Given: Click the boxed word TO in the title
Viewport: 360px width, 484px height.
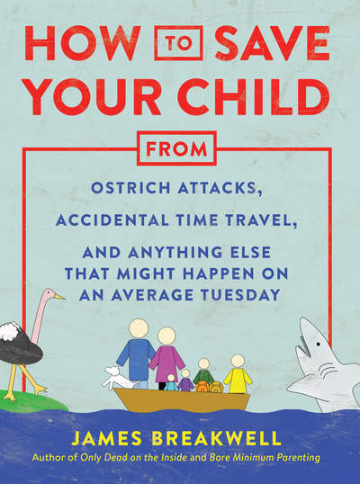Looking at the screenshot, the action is pyautogui.click(x=178, y=43).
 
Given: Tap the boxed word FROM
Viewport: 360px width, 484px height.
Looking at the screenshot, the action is pyautogui.click(x=176, y=148).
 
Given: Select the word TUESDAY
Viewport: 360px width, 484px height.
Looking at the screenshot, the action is pyautogui.click(x=240, y=294).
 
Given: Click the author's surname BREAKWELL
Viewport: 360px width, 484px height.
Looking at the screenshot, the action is pyautogui.click(x=216, y=438).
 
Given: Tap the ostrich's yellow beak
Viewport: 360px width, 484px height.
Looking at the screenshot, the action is pyautogui.click(x=59, y=297).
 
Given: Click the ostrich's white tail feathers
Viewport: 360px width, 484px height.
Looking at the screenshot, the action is pyautogui.click(x=10, y=331).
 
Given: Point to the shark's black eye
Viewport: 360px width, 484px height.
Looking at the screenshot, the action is pyautogui.click(x=317, y=345).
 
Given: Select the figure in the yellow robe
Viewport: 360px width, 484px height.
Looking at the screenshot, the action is pyautogui.click(x=238, y=374).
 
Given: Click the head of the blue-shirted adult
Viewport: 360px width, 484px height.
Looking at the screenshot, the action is pyautogui.click(x=139, y=328).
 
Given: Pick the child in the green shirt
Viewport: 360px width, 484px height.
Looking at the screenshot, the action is pyautogui.click(x=203, y=372).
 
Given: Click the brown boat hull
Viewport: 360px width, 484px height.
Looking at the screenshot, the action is pyautogui.click(x=182, y=399).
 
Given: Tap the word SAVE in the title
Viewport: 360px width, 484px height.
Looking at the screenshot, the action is pyautogui.click(x=273, y=43).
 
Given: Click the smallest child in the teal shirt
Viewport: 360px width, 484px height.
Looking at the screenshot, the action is pyautogui.click(x=171, y=382).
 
